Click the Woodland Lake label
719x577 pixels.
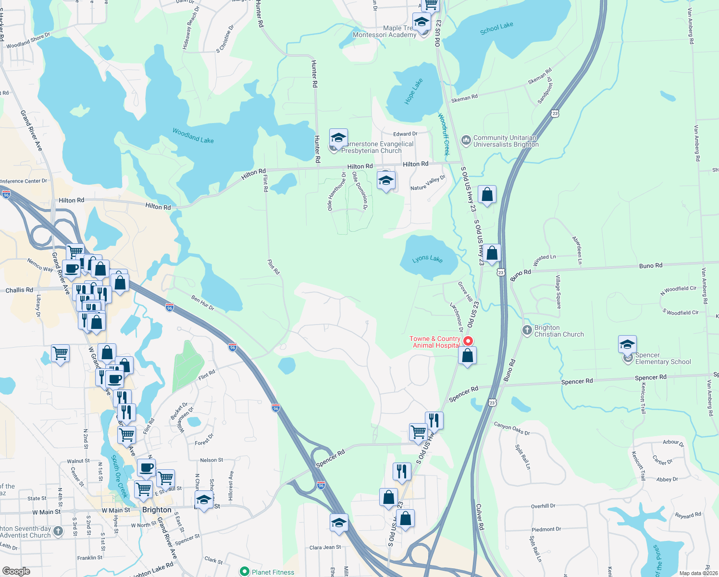[x=193, y=136]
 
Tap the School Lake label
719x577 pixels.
[x=496, y=28]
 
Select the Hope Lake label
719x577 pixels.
[x=413, y=91]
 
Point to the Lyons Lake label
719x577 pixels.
[x=427, y=259]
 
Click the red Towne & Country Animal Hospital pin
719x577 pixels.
[x=468, y=341]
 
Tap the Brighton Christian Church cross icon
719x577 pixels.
[x=527, y=330]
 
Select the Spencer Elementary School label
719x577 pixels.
[x=663, y=358]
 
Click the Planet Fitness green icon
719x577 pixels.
[x=245, y=572]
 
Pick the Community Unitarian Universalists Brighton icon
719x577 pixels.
[x=465, y=140]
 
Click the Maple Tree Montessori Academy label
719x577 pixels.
[x=384, y=32]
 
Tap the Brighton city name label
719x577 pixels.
[x=157, y=510]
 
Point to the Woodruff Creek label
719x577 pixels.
[x=444, y=134]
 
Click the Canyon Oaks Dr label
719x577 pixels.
[x=512, y=428]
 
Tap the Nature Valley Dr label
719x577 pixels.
[x=428, y=183]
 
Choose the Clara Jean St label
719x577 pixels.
[x=325, y=547]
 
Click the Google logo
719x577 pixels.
[x=16, y=571]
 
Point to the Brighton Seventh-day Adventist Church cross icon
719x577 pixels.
[x=58, y=531]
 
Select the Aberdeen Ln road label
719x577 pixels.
[x=577, y=250]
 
